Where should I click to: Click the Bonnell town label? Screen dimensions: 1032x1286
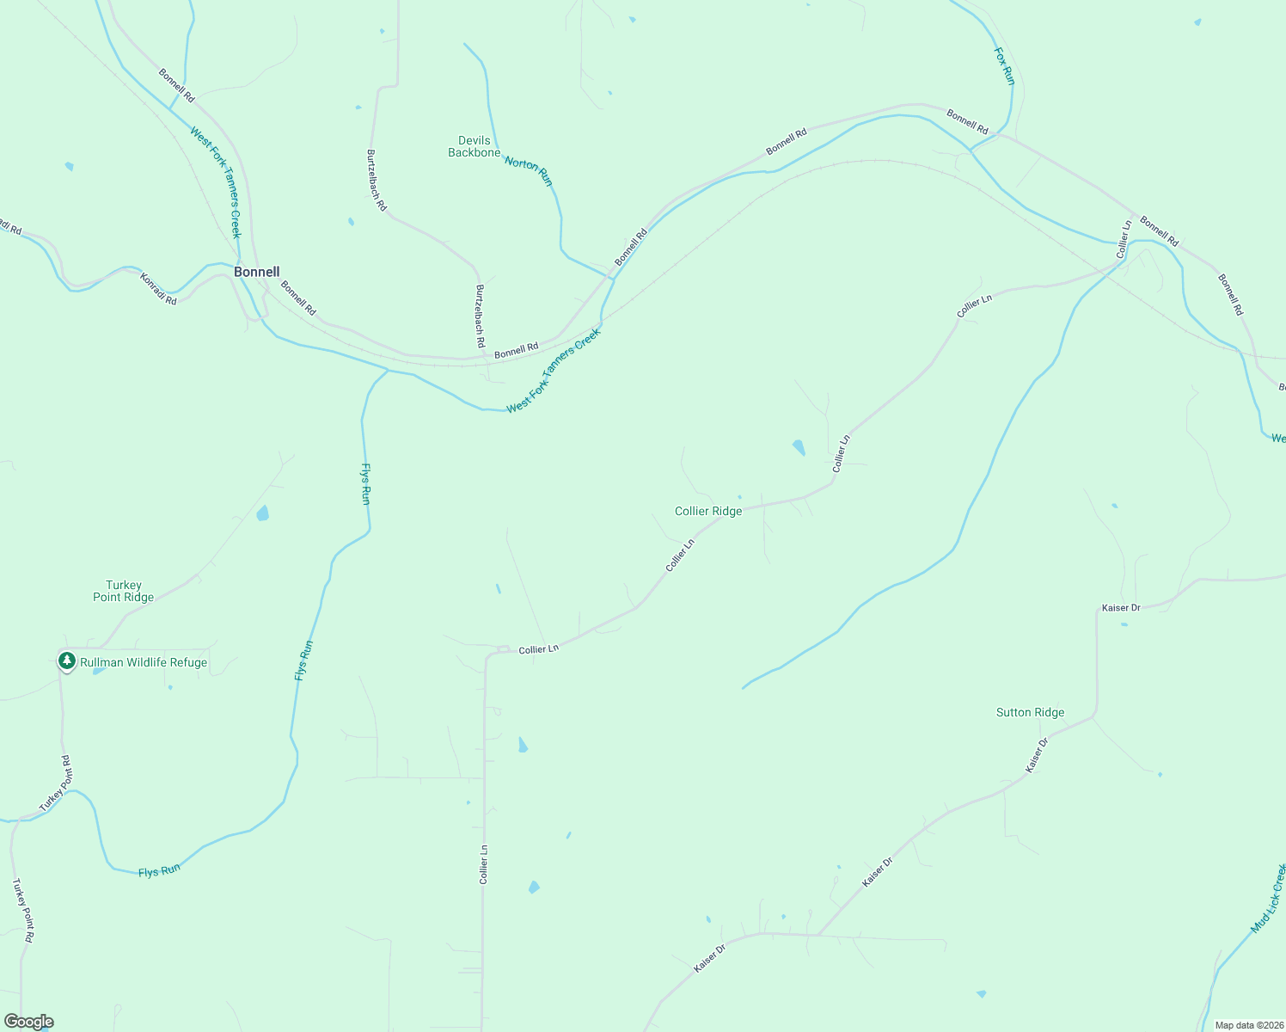(x=256, y=272)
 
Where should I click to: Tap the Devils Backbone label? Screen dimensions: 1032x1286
(x=474, y=146)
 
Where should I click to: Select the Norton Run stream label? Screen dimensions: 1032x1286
(x=528, y=170)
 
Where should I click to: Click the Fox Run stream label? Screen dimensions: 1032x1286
(x=1004, y=65)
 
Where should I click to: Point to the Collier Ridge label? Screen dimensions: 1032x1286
(x=707, y=511)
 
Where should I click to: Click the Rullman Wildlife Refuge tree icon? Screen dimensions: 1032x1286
(x=66, y=661)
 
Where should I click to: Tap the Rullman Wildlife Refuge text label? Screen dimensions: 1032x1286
(x=144, y=662)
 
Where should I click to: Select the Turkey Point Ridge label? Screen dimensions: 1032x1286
(x=123, y=591)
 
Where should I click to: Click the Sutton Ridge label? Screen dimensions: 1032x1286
(x=1030, y=712)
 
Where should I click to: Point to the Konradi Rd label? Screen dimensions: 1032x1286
(x=158, y=290)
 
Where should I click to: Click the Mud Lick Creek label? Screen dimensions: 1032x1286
(x=1268, y=900)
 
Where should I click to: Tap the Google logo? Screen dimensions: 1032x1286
(x=28, y=1022)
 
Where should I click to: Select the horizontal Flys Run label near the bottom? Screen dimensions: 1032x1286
(x=159, y=870)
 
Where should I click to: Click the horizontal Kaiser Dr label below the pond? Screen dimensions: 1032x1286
(x=1121, y=608)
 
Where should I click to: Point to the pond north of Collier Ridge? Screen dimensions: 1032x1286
(x=799, y=447)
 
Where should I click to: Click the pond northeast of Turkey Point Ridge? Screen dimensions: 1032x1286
(x=262, y=513)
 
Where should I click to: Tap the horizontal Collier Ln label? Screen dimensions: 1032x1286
(x=539, y=649)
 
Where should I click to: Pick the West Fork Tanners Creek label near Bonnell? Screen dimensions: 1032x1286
(x=215, y=182)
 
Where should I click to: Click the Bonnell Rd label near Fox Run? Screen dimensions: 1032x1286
(x=967, y=120)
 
